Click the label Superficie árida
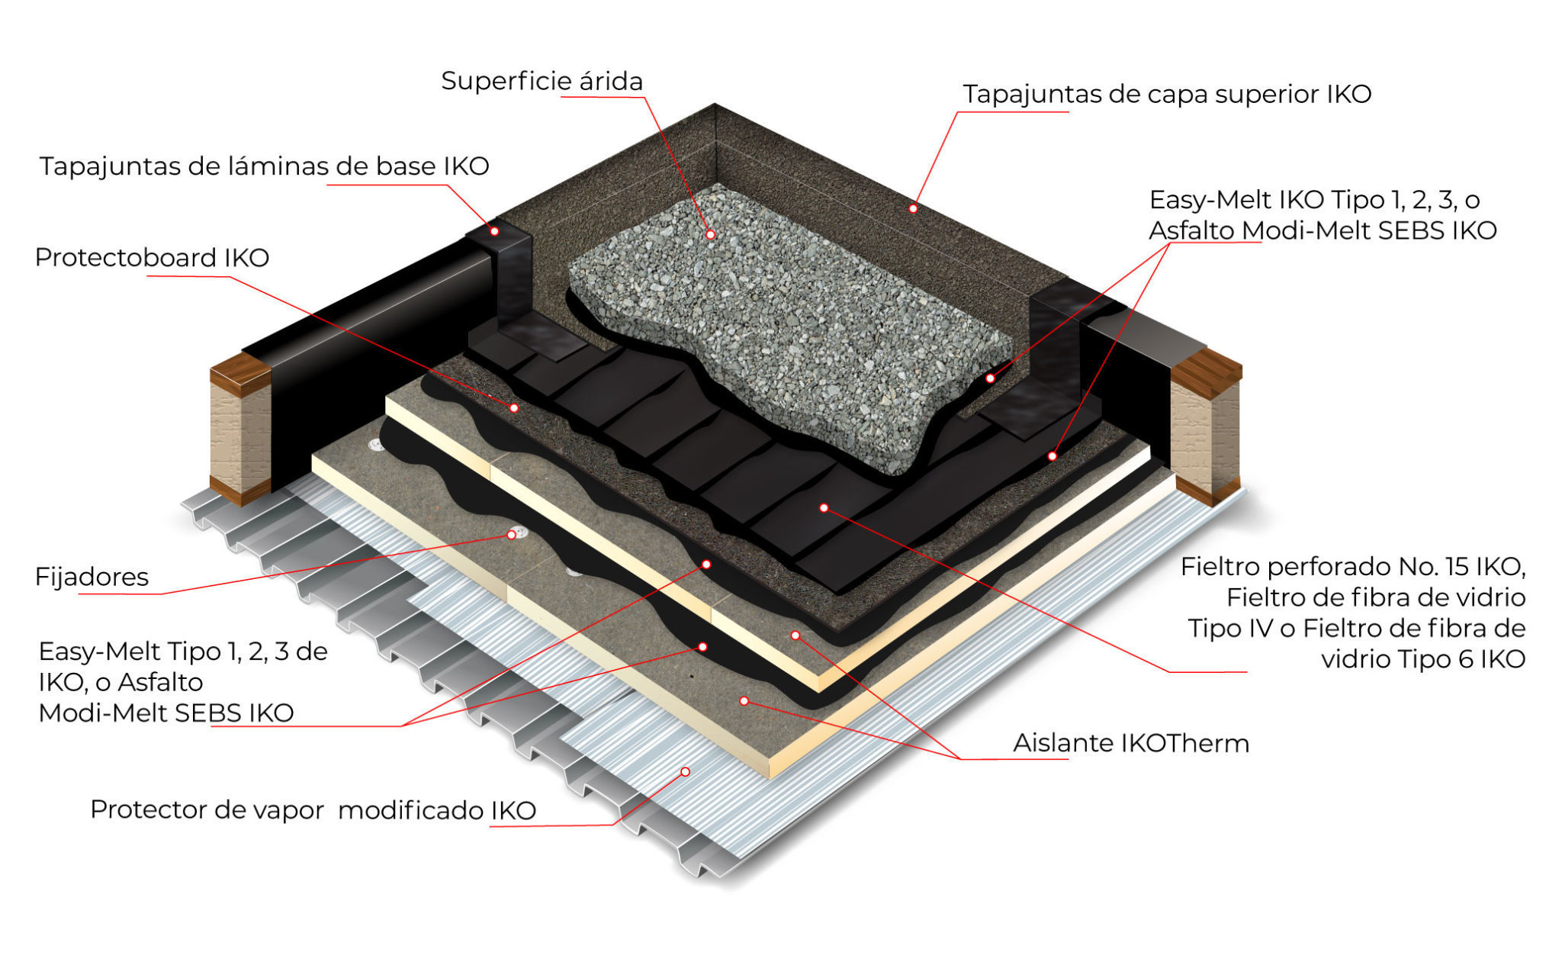point(542,81)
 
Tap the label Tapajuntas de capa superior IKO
point(1166,94)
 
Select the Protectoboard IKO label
point(152,257)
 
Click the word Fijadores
point(92,576)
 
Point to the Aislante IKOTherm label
point(1130,742)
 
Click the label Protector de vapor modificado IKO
point(313,809)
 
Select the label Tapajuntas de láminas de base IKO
point(264,166)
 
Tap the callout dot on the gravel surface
point(710,234)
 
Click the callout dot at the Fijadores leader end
point(511,535)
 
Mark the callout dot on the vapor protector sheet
point(685,772)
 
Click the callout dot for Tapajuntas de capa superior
point(913,208)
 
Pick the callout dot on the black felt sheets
point(824,507)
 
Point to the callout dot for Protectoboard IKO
point(514,408)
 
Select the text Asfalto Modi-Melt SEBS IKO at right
point(1323,230)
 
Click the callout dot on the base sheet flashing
point(494,230)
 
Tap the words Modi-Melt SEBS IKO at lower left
point(166,713)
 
